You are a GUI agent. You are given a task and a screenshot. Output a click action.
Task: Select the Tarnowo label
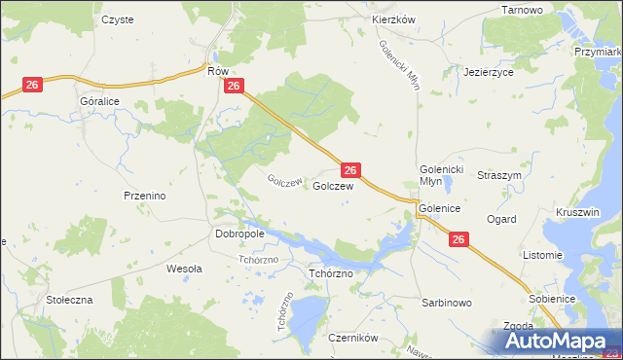(x=522, y=9)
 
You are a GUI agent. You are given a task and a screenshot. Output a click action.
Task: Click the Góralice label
(x=98, y=100)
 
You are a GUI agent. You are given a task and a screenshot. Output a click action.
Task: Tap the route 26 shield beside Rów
(x=233, y=87)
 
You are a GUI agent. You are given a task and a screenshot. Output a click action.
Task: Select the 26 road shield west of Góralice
(x=31, y=86)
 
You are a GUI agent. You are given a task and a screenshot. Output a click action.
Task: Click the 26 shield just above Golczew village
(x=352, y=169)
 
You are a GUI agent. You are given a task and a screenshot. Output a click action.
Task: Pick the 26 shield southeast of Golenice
(x=459, y=239)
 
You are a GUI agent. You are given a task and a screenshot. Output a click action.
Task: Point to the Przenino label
(x=145, y=196)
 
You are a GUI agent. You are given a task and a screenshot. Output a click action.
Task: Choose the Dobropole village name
(x=238, y=234)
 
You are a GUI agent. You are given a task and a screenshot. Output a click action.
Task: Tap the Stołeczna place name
(x=69, y=300)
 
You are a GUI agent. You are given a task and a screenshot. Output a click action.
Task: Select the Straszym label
(x=499, y=176)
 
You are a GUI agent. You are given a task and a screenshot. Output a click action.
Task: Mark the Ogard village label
(x=501, y=220)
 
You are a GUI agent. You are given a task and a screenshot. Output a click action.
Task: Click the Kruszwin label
(x=577, y=211)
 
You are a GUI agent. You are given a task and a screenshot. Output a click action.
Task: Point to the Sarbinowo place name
(x=447, y=303)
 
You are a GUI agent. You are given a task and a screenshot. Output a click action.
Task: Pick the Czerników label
(x=352, y=339)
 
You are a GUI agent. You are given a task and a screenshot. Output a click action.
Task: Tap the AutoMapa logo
(x=556, y=342)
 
